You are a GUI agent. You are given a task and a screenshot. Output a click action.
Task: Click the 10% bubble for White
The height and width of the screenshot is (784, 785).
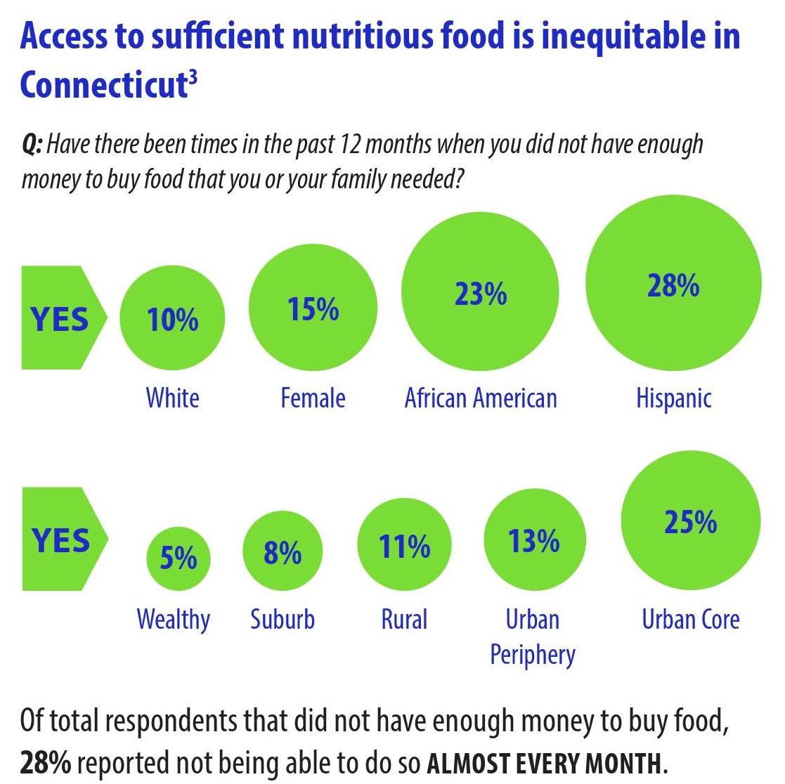(x=172, y=320)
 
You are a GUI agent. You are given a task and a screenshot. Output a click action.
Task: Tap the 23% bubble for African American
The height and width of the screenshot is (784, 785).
(x=480, y=292)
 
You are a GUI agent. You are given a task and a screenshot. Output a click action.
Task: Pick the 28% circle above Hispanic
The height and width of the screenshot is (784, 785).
(x=673, y=284)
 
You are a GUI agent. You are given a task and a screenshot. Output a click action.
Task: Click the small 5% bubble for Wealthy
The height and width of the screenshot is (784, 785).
(x=178, y=558)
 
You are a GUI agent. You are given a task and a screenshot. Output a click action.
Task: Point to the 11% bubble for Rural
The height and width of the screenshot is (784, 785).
(x=404, y=546)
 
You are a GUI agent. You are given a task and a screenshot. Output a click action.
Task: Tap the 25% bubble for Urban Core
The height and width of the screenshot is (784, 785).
(x=690, y=522)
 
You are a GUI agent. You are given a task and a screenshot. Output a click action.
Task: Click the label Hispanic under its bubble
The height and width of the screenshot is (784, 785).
(x=673, y=398)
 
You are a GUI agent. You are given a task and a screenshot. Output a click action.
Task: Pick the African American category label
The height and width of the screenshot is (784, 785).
(x=481, y=398)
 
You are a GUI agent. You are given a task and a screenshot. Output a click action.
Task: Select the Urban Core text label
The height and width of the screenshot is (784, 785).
(x=690, y=620)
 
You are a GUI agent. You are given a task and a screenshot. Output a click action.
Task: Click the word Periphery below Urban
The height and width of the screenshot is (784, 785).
(x=532, y=654)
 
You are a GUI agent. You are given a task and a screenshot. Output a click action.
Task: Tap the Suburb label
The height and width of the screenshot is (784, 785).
(x=283, y=620)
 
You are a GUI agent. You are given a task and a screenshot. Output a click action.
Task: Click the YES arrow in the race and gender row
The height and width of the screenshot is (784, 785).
(x=62, y=318)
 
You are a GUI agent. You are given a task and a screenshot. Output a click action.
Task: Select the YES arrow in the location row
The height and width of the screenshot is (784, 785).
(x=62, y=539)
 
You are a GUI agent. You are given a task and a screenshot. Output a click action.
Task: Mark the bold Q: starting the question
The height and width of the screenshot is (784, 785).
(x=32, y=145)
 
